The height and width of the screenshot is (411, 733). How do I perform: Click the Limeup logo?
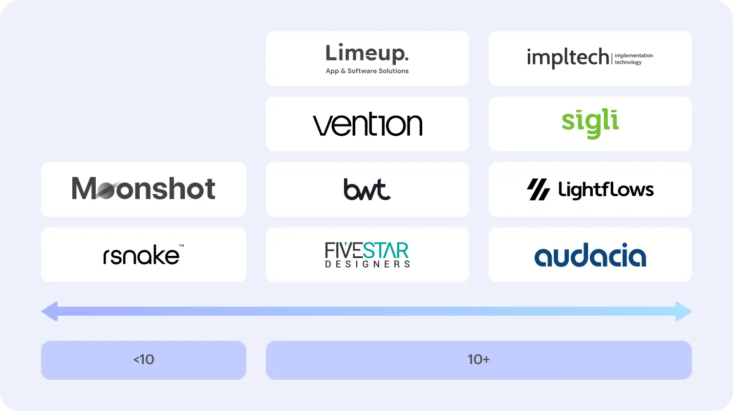[x=367, y=53]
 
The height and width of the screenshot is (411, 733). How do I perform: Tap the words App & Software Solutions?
[x=367, y=71]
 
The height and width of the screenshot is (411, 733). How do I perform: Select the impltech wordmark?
[x=568, y=58]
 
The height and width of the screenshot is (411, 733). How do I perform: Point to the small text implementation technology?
[x=633, y=59]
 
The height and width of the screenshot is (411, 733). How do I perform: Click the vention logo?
[x=367, y=124]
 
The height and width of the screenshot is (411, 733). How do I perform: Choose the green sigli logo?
[x=590, y=123]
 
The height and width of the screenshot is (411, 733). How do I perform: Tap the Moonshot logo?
[x=143, y=189]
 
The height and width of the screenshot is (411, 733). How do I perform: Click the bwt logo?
[x=367, y=189]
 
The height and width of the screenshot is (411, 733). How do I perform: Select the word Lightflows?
[x=605, y=190]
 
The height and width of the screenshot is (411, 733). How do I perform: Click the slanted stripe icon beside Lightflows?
[x=539, y=190]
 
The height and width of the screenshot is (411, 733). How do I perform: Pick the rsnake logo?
[x=142, y=255]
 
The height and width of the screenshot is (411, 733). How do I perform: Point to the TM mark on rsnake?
[x=181, y=246]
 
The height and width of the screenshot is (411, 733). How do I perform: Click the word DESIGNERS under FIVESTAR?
[x=367, y=264]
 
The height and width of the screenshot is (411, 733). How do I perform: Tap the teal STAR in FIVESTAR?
[x=386, y=251]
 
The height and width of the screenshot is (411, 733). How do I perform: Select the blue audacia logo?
[x=590, y=255]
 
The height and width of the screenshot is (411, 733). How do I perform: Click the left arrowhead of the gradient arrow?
[x=49, y=311]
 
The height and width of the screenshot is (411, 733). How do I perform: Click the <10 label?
[x=144, y=360]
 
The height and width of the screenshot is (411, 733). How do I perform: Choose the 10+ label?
[x=478, y=360]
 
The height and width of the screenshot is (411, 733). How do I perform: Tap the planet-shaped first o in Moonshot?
[x=105, y=189]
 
